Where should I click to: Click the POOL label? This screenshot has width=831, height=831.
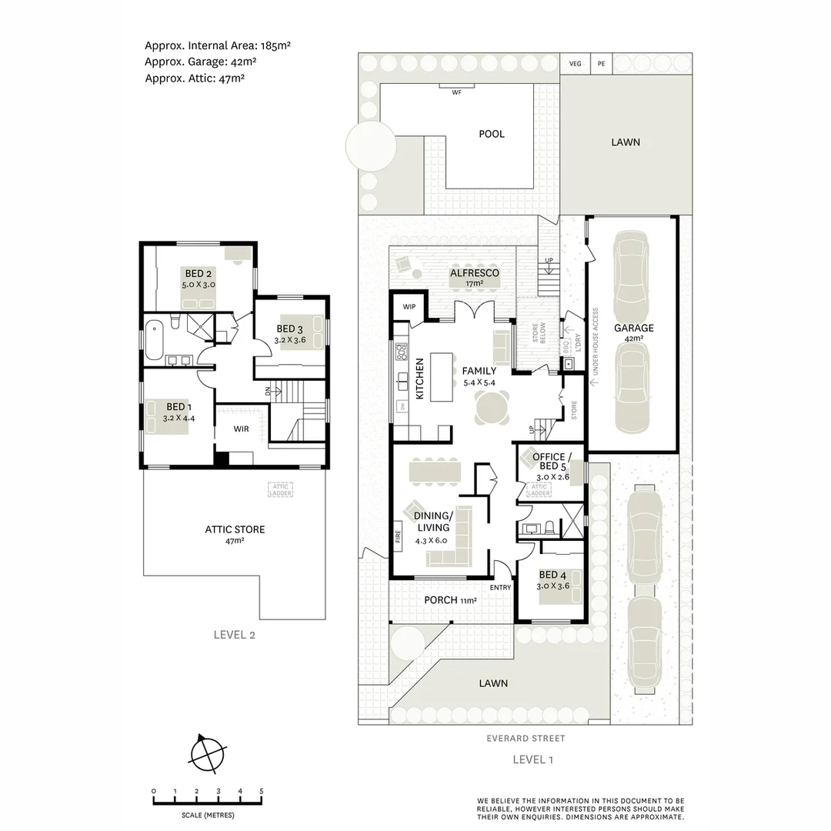[492, 134]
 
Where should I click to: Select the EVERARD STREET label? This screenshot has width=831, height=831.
[525, 739]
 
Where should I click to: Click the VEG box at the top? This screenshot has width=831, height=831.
[575, 64]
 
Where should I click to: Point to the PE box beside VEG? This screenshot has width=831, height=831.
[601, 64]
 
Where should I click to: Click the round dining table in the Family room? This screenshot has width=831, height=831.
[492, 408]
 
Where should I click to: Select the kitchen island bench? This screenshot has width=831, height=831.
[442, 376]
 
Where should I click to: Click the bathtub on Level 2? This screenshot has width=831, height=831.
[155, 339]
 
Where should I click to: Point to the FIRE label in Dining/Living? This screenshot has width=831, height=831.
[398, 537]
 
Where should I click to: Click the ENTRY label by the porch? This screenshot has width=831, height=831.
[500, 588]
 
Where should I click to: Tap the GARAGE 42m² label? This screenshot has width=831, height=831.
[633, 333]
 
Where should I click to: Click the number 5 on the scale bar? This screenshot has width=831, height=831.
[262, 791]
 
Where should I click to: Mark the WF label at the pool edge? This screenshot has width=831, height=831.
[456, 92]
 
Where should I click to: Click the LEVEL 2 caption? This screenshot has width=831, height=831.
[234, 635]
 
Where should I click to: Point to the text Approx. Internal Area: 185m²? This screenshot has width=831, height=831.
[217, 45]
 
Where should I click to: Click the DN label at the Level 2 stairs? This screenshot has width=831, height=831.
[268, 391]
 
